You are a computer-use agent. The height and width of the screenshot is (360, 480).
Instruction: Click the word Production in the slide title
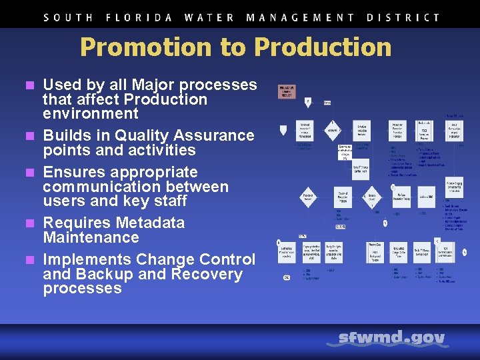click(323, 47)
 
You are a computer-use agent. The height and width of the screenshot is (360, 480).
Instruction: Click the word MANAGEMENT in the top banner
click(300, 18)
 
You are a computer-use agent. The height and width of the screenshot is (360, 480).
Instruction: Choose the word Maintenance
click(91, 237)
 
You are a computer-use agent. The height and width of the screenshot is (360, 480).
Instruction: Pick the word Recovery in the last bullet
click(207, 274)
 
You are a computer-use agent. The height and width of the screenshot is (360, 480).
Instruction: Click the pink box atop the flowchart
click(287, 91)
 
